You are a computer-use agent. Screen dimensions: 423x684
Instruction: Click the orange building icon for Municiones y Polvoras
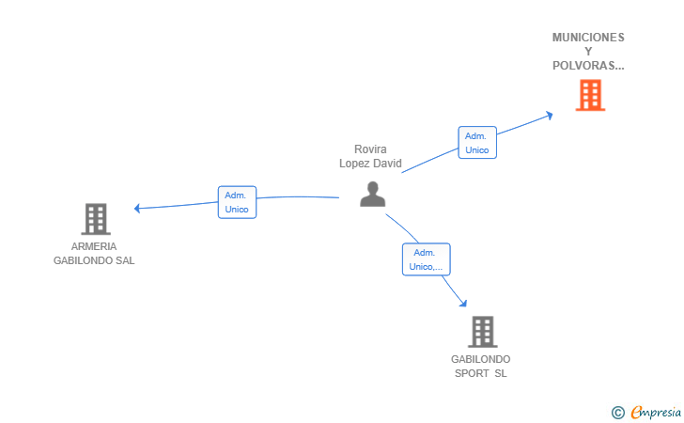(x=589, y=95)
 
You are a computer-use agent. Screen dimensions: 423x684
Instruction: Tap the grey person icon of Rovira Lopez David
(x=373, y=194)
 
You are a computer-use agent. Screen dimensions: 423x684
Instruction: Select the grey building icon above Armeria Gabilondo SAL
(x=95, y=219)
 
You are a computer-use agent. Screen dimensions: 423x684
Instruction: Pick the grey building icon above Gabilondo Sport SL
(x=481, y=332)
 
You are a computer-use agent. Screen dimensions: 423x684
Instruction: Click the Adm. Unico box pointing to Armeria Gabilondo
(x=237, y=202)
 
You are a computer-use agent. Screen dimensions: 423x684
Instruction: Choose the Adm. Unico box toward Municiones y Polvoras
(x=477, y=143)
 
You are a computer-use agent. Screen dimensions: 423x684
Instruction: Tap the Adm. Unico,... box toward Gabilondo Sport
(x=426, y=259)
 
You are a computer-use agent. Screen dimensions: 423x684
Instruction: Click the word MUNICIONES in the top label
(x=588, y=38)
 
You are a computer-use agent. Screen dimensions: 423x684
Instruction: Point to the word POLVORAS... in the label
(x=588, y=66)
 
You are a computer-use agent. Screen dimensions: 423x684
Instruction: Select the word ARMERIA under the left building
(x=94, y=246)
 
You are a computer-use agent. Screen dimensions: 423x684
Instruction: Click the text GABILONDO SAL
(x=94, y=260)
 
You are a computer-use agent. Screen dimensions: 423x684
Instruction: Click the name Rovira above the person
(x=370, y=149)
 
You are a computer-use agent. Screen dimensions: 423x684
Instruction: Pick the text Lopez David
(x=370, y=164)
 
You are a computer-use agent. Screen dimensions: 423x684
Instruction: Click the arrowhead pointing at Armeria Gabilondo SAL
(x=137, y=208)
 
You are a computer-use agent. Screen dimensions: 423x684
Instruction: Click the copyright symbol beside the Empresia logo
(x=618, y=412)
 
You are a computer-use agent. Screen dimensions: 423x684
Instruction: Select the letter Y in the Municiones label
(x=588, y=52)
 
